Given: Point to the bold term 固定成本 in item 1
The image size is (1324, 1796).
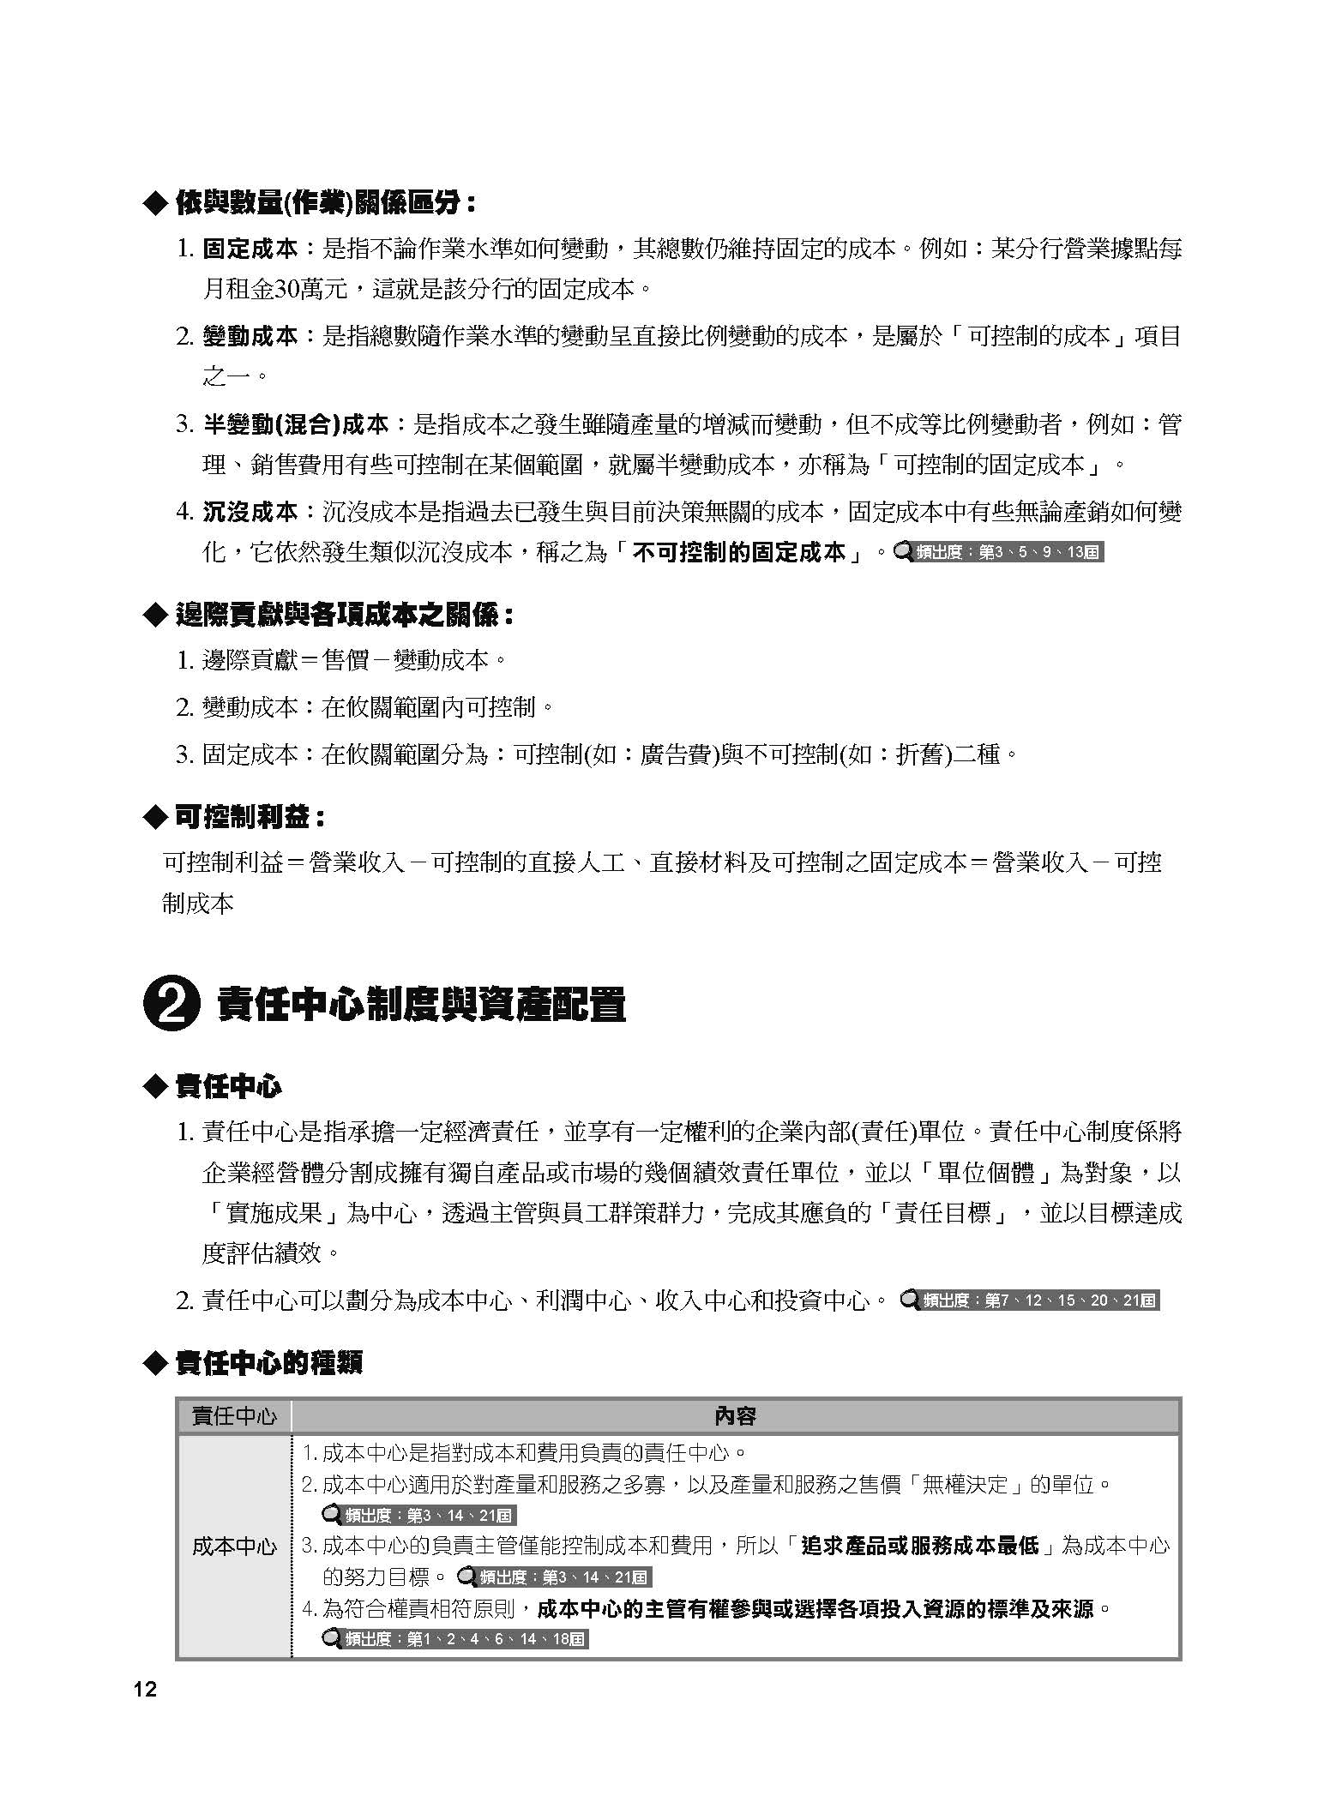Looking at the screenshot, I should point(250,249).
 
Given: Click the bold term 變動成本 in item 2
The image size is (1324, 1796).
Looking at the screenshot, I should point(250,336).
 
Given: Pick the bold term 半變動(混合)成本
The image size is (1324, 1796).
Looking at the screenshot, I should point(296,424).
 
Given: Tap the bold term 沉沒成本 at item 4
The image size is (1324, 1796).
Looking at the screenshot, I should point(250,513).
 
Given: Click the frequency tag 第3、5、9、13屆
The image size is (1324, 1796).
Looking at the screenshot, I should point(998,552).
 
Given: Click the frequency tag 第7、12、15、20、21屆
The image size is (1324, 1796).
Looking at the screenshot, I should point(1030,1300).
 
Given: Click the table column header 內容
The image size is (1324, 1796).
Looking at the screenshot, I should point(735,1416).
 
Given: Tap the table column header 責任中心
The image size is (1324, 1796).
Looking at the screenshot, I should point(234,1416).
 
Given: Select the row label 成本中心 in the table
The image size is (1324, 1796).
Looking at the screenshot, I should point(234,1546).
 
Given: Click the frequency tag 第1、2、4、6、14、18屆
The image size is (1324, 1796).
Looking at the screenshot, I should point(454,1639).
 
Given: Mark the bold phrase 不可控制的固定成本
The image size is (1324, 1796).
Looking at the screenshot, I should point(740,552).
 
